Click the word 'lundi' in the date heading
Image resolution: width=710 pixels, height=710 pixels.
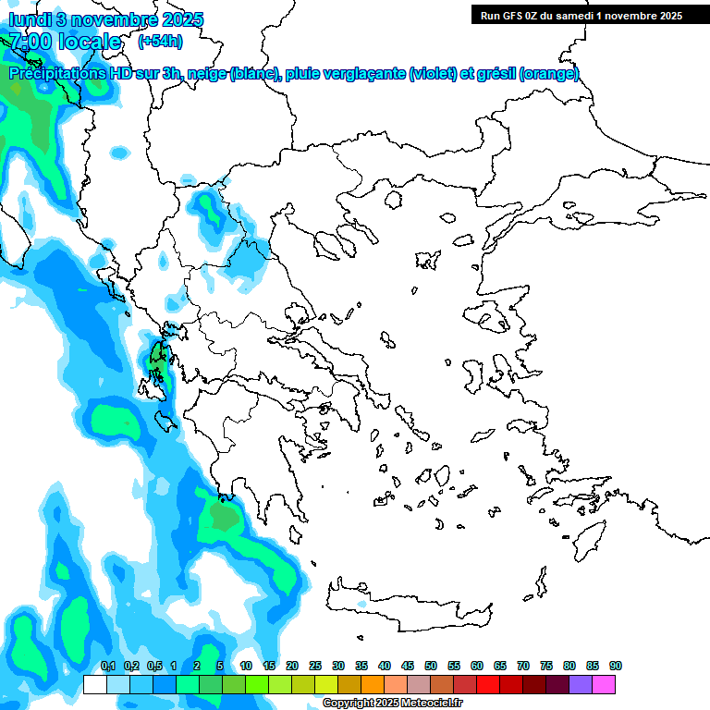click(x=30, y=19)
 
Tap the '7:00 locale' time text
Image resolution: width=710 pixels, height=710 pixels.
click(x=65, y=42)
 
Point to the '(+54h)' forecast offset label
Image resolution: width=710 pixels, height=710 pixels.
click(x=160, y=42)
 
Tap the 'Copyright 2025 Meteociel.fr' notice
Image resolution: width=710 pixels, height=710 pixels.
click(x=392, y=704)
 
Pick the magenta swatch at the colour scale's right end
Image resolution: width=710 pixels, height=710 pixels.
click(x=605, y=685)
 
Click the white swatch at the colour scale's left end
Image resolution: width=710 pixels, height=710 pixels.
click(x=94, y=685)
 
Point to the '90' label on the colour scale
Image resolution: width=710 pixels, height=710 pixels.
click(x=616, y=666)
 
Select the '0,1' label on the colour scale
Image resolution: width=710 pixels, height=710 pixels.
click(x=107, y=666)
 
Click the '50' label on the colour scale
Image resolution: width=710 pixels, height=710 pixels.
click(x=431, y=666)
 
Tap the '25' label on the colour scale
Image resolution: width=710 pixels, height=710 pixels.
click(x=315, y=666)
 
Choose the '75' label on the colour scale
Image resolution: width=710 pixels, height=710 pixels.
click(x=546, y=666)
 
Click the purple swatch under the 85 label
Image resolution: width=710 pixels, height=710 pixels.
click(x=581, y=685)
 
